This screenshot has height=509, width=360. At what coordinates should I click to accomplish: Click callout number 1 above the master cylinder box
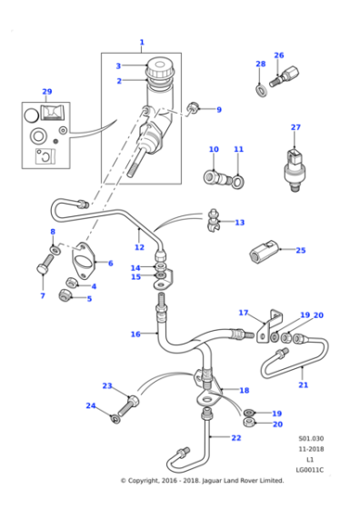(142, 42)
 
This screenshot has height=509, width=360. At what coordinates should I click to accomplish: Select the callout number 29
(47, 92)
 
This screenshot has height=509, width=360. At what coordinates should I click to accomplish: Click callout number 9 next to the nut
(218, 110)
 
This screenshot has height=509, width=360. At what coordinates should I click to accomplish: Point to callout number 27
(295, 127)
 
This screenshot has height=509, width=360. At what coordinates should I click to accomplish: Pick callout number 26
(278, 55)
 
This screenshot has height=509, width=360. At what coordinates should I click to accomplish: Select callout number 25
(301, 250)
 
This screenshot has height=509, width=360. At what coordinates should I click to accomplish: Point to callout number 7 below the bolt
(43, 296)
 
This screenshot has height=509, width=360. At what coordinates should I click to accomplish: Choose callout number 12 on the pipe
(138, 247)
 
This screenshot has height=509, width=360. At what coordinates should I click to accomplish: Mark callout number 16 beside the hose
(135, 334)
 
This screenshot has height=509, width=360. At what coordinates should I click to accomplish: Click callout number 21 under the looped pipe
(304, 384)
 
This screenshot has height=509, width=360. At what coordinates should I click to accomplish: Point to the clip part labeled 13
(215, 219)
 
